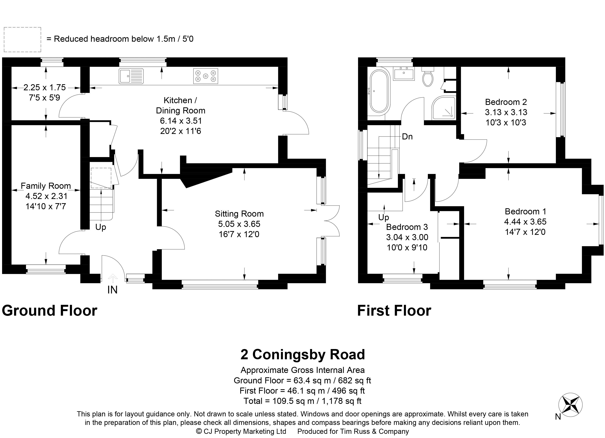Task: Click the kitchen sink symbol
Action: pyautogui.click(x=131, y=76)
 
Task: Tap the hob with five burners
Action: pyautogui.click(x=205, y=76)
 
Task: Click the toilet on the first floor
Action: pyautogui.click(x=428, y=77)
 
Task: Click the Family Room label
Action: pyautogui.click(x=46, y=186)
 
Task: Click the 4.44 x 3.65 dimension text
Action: pyautogui.click(x=525, y=222)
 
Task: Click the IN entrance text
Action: pyautogui.click(x=112, y=290)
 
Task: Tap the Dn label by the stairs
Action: pyautogui.click(x=407, y=137)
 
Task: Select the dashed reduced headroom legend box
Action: pyautogui.click(x=22, y=39)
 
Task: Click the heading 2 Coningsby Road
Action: pyautogui.click(x=302, y=355)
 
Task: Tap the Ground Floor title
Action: pyautogui.click(x=49, y=311)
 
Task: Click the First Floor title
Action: pyautogui.click(x=394, y=311)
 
